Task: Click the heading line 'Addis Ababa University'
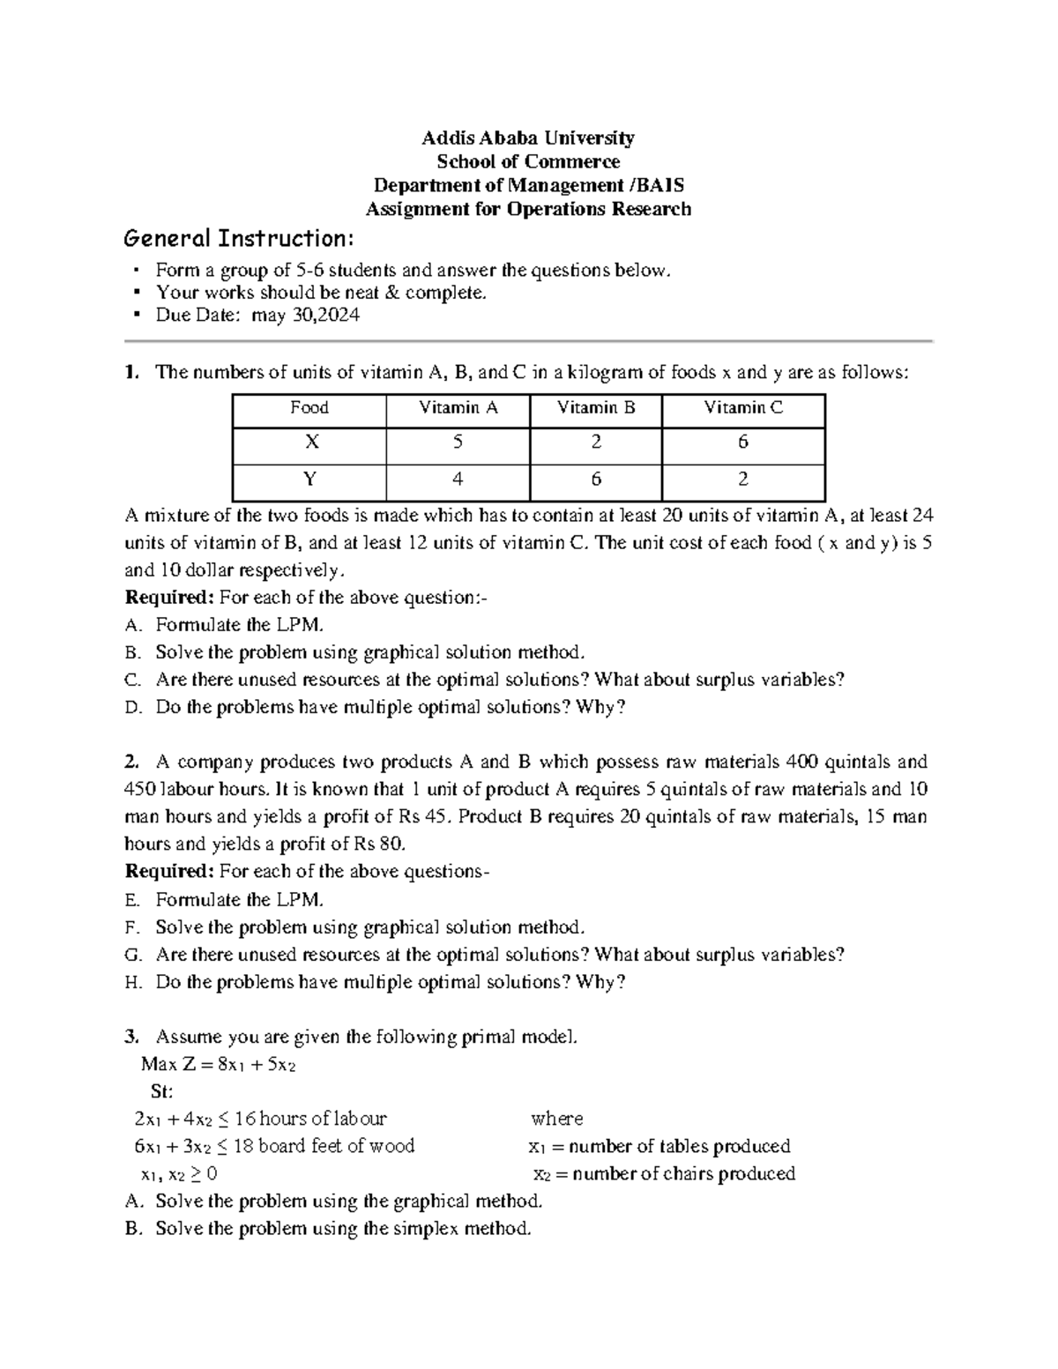click(x=527, y=138)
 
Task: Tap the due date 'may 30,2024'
click(x=306, y=316)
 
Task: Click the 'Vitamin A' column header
click(x=458, y=408)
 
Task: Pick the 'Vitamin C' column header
click(x=742, y=408)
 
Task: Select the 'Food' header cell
click(x=309, y=408)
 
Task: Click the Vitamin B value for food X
click(x=596, y=443)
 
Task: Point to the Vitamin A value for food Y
click(x=458, y=480)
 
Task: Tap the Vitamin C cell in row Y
click(x=742, y=480)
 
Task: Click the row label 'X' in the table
click(x=309, y=443)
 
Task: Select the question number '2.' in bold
click(x=132, y=762)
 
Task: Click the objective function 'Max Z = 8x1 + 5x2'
click(x=218, y=1065)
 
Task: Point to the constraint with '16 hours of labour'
click(x=259, y=1120)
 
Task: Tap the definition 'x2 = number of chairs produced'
click(x=664, y=1174)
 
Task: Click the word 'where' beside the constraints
click(x=556, y=1120)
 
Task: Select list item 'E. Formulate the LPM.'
click(x=226, y=900)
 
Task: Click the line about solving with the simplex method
click(x=330, y=1229)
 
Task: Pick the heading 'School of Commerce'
click(x=527, y=161)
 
